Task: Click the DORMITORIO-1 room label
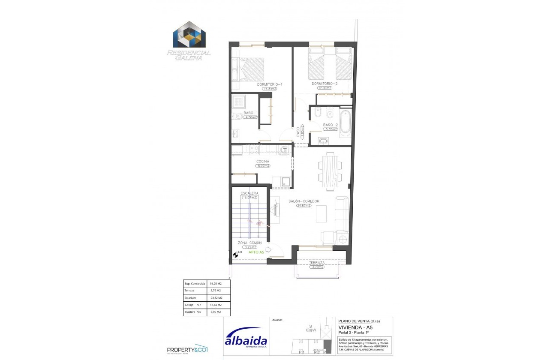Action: point(270,84)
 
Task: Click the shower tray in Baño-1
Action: point(238,102)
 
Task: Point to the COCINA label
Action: point(263,161)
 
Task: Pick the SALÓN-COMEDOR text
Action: point(304,201)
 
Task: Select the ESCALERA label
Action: point(249,193)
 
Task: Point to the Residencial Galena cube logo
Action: point(189,35)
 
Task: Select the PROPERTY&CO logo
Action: point(187,349)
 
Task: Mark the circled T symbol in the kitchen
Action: point(285,150)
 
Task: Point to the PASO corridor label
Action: point(298,133)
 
